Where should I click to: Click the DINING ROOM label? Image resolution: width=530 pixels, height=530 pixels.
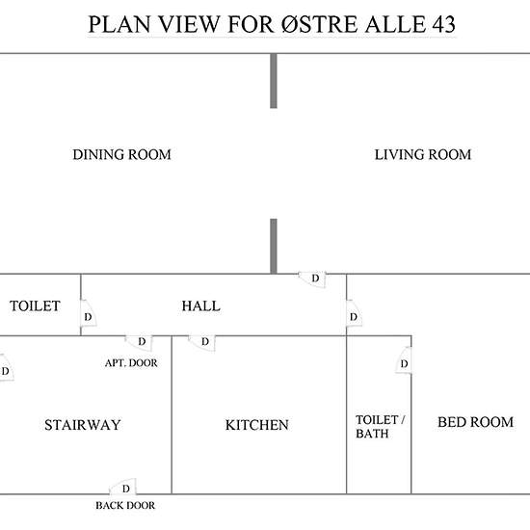pos(121,155)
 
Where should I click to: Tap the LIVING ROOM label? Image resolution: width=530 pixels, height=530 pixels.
pos(422,155)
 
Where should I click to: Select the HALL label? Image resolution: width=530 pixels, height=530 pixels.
pos(200,306)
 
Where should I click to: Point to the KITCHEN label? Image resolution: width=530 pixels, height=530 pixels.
pos(257,425)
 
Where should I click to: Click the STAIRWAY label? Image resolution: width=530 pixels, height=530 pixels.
pos(83,425)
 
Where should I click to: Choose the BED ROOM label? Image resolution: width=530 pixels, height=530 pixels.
pos(475,422)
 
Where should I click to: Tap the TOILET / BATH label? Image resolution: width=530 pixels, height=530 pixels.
pos(380,427)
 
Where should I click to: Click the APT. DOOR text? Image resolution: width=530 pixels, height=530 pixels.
pos(131,363)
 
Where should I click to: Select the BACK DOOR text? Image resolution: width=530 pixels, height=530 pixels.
pos(125,505)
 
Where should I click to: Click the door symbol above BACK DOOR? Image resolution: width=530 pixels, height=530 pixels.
pos(123,487)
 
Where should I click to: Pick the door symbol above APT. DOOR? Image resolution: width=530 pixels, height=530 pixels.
pos(140,343)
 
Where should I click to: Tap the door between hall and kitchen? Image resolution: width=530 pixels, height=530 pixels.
pos(202,343)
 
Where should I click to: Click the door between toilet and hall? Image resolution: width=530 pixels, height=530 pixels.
pos(88,313)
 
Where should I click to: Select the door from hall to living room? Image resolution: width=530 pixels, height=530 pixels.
pos(313,279)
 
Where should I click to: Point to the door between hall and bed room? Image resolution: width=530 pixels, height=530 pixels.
pos(354,313)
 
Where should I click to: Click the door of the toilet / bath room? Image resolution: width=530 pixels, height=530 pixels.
pos(404,360)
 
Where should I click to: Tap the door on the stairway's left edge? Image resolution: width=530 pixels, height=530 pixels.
pos(6,368)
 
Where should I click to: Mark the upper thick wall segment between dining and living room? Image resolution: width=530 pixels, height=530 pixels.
pos(274,81)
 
